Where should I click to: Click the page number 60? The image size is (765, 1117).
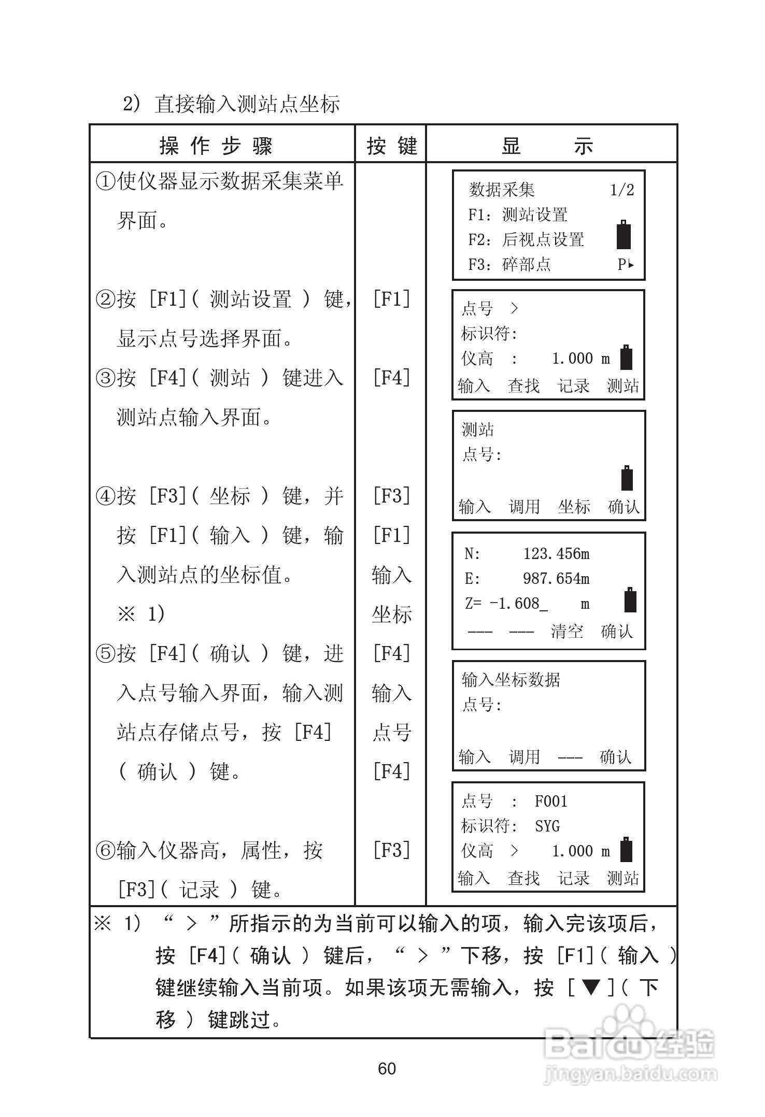tap(387, 1068)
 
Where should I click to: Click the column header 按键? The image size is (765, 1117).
tap(392, 146)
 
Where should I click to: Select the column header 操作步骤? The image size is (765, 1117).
tap(216, 146)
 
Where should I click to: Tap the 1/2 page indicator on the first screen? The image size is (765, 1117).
tap(622, 190)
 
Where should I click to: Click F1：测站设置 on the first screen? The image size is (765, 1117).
tap(518, 214)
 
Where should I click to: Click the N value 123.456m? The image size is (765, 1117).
tap(556, 554)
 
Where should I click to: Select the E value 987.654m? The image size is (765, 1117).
tap(556, 579)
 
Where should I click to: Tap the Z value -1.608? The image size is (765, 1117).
tap(518, 604)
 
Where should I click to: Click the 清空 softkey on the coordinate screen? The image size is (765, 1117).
tap(567, 631)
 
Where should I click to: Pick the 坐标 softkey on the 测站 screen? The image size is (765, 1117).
tap(574, 506)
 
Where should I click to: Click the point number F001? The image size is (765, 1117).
tap(551, 801)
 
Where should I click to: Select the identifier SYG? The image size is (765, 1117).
tap(547, 826)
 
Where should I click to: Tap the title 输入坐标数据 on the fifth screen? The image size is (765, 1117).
tap(511, 679)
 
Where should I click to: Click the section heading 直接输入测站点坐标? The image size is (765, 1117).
tap(247, 104)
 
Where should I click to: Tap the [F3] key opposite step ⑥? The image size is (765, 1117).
tap(392, 850)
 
